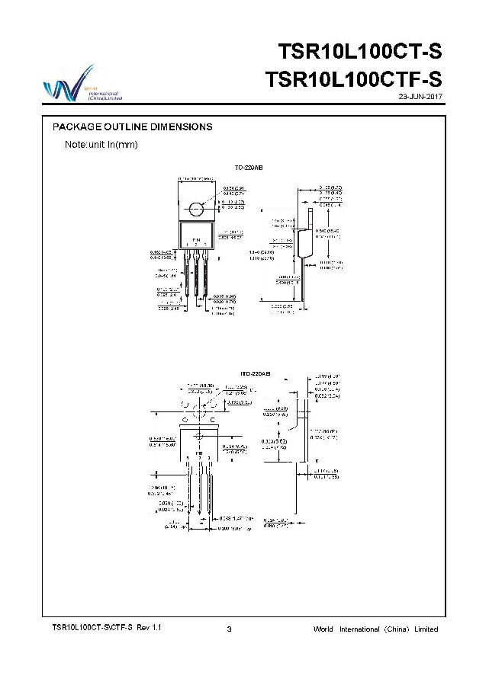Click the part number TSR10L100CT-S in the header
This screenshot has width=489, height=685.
click(359, 53)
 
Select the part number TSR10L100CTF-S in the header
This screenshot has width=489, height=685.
click(353, 80)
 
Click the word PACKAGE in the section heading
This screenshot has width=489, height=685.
click(77, 127)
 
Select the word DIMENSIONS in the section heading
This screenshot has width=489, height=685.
click(181, 127)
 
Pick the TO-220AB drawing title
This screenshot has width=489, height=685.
click(248, 166)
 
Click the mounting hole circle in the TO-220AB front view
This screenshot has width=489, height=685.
click(198, 208)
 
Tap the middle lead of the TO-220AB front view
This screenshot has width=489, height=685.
click(197, 274)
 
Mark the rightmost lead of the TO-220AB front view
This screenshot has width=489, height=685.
click(207, 274)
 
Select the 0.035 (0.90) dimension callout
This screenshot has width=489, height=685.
click(224, 296)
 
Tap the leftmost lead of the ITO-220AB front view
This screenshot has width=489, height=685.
click(188, 488)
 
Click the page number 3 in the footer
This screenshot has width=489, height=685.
click(230, 629)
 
